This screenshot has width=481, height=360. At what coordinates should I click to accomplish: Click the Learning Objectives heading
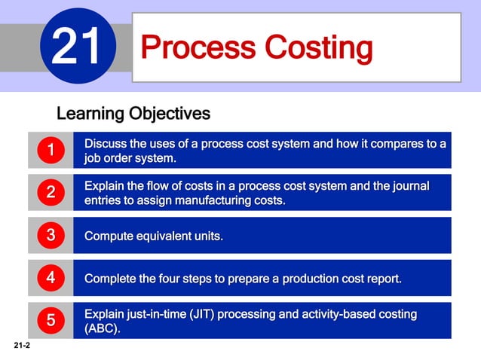(x=133, y=114)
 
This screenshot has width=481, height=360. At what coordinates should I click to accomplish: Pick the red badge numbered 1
(x=50, y=151)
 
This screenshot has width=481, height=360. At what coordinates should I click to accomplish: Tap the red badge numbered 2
(x=50, y=193)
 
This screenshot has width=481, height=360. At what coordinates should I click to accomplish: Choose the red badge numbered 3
(x=50, y=235)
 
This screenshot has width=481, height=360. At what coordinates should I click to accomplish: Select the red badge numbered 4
(x=50, y=278)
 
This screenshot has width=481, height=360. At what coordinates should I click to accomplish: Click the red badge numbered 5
(x=50, y=320)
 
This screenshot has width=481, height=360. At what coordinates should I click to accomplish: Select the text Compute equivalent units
(x=154, y=236)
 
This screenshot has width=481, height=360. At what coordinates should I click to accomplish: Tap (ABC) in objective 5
(x=102, y=329)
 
